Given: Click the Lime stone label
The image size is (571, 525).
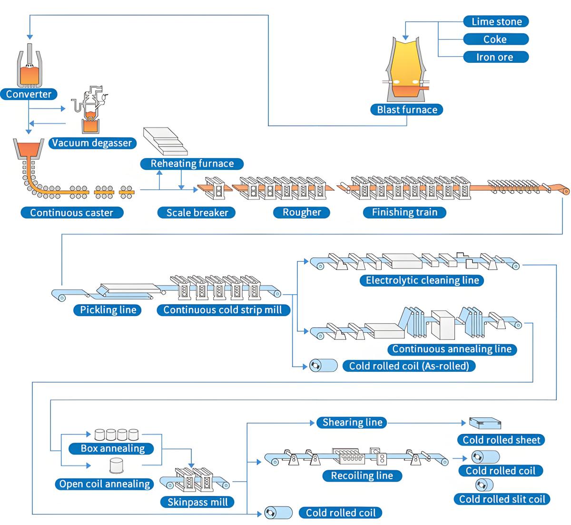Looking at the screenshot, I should tap(496, 21).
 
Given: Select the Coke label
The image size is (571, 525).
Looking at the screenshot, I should tap(496, 39).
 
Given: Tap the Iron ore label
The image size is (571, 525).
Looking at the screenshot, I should tap(496, 57).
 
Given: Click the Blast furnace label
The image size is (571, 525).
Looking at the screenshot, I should tap(407, 109).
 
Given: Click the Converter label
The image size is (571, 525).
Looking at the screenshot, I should tap(29, 94).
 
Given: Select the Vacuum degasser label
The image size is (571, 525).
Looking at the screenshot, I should tap(92, 143).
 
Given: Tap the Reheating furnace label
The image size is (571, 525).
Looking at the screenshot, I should tap(192, 164).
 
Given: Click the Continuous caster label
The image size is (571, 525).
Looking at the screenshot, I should tap(72, 212).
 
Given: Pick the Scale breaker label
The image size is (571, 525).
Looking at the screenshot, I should tap(197, 212).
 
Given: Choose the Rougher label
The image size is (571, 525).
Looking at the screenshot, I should tap(302, 212).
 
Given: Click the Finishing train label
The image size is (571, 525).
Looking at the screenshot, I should tap(404, 212).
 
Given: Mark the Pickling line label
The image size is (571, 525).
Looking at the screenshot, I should tap(108, 310).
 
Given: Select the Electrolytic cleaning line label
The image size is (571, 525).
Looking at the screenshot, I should tap(422, 280).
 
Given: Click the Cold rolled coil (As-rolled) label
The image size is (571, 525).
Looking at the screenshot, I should tap(409, 366).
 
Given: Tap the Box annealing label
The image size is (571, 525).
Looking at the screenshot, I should tap(112, 448).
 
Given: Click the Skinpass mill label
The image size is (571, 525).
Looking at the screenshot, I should tap(197, 502).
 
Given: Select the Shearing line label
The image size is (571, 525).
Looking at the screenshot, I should tap(352, 422).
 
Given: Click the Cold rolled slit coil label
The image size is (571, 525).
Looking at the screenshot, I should tap(502, 499).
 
